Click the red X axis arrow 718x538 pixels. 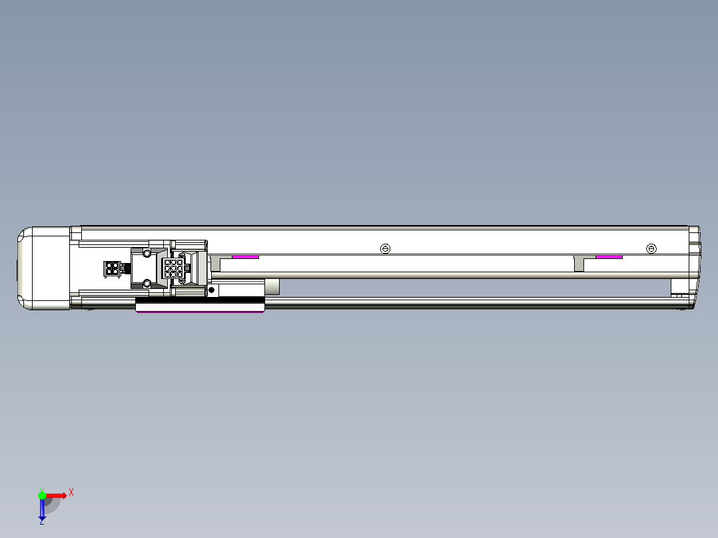57,495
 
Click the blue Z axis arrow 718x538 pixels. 42,509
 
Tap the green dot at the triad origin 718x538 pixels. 42,495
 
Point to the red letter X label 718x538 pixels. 71,493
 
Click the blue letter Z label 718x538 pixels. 41,522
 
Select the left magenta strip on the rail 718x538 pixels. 245,256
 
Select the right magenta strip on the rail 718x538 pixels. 609,256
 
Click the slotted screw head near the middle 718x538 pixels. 385,249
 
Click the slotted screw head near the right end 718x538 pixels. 651,249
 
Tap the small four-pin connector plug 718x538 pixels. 111,268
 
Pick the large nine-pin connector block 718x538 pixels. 173,268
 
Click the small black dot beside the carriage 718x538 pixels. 212,290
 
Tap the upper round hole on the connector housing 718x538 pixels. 147,254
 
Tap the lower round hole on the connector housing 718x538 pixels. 147,284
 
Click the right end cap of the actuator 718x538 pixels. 694,266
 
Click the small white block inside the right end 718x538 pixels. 679,287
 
